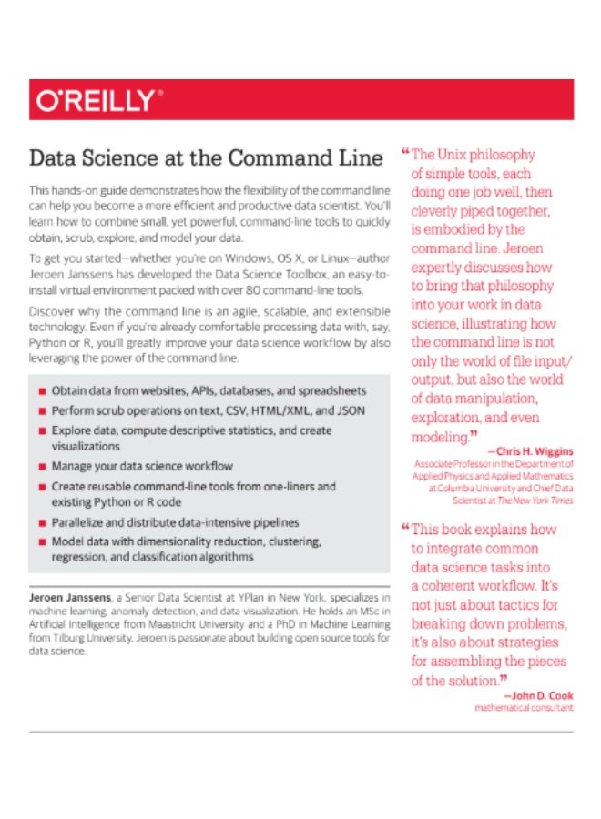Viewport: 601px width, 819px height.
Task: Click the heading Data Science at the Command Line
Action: pyautogui.click(x=206, y=157)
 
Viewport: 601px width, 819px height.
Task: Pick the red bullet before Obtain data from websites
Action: pyautogui.click(x=42, y=390)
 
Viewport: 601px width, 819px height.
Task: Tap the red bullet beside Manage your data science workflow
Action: pyautogui.click(x=42, y=466)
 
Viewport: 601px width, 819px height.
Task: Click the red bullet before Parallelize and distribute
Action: pyautogui.click(x=42, y=523)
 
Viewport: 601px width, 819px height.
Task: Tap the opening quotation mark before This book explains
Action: pyautogui.click(x=404, y=527)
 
